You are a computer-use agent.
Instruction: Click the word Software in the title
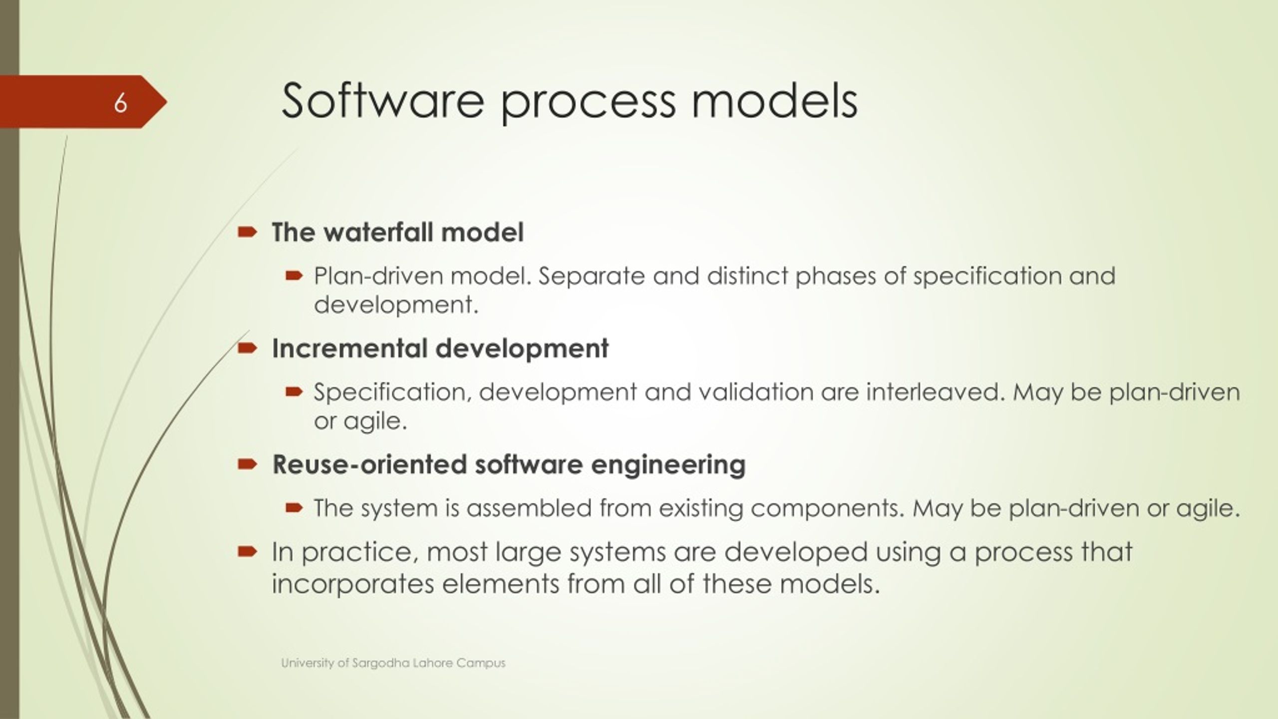[383, 101]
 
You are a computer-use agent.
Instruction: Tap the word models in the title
[774, 101]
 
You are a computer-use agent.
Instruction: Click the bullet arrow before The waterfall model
[247, 232]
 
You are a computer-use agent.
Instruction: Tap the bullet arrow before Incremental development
[247, 348]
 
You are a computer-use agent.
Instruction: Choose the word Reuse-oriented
[369, 464]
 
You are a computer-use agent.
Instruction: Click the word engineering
[668, 465]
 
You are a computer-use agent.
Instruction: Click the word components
[828, 509]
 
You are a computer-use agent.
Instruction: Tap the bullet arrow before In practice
[247, 551]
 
